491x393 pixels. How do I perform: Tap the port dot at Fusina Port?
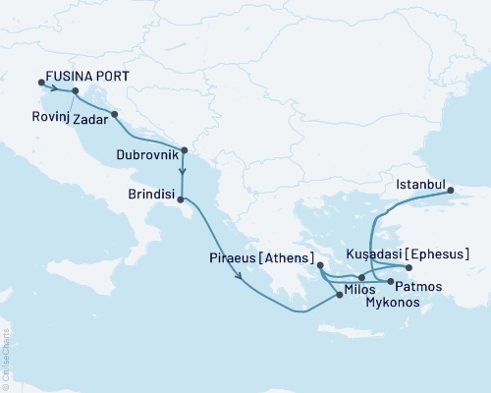(x=40, y=83)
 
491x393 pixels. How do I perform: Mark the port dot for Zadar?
(x=115, y=114)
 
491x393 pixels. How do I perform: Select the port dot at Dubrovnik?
(x=184, y=150)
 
